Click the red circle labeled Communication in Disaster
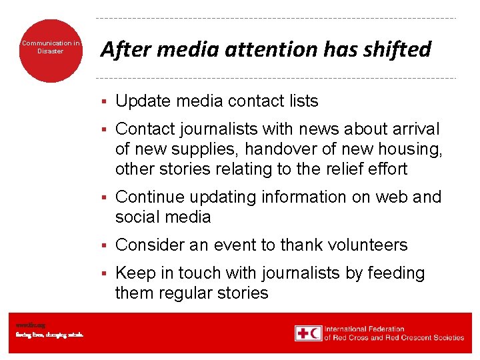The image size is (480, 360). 50,50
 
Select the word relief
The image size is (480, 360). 333,169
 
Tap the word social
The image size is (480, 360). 137,217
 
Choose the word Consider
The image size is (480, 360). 150,245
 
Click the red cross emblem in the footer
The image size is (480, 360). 303,333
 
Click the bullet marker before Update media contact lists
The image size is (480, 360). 104,102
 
